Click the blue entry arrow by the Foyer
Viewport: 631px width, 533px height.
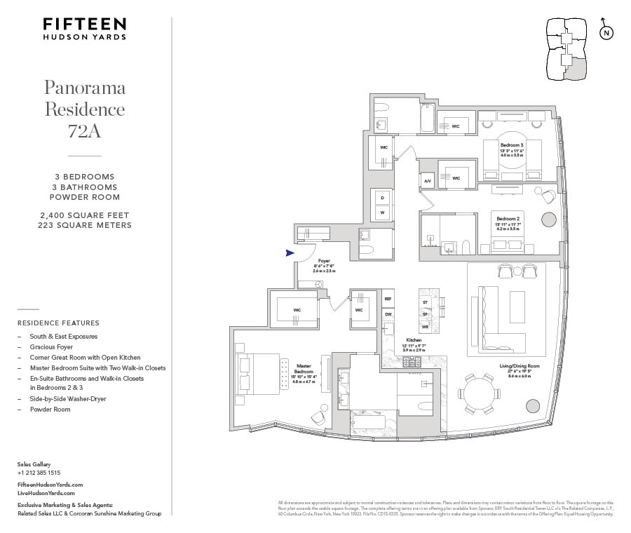click(x=290, y=253)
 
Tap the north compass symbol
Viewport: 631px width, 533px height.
click(x=606, y=32)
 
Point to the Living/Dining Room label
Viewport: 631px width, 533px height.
click(x=519, y=366)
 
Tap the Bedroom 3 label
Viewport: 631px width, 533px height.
click(x=512, y=145)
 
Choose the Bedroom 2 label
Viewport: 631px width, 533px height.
click(x=510, y=218)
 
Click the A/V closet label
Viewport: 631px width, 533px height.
click(x=428, y=180)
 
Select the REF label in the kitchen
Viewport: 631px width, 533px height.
click(x=388, y=299)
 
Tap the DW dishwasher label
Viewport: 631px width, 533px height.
click(x=388, y=315)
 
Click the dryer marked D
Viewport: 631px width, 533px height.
click(x=382, y=197)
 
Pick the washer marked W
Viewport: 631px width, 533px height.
click(x=382, y=212)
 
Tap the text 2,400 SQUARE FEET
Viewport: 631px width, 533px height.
click(x=84, y=215)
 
